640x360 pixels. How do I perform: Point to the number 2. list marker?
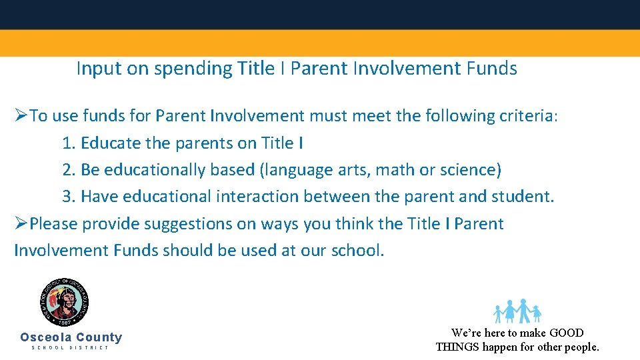click(69, 170)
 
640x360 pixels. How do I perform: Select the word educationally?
click(154, 170)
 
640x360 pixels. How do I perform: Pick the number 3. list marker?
click(69, 197)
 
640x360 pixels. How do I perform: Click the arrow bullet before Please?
click(21, 223)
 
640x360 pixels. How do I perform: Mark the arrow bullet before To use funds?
click(21, 116)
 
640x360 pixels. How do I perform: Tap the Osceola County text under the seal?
click(71, 337)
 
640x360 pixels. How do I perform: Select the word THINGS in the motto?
click(457, 347)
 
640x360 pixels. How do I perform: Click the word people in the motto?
click(581, 347)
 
